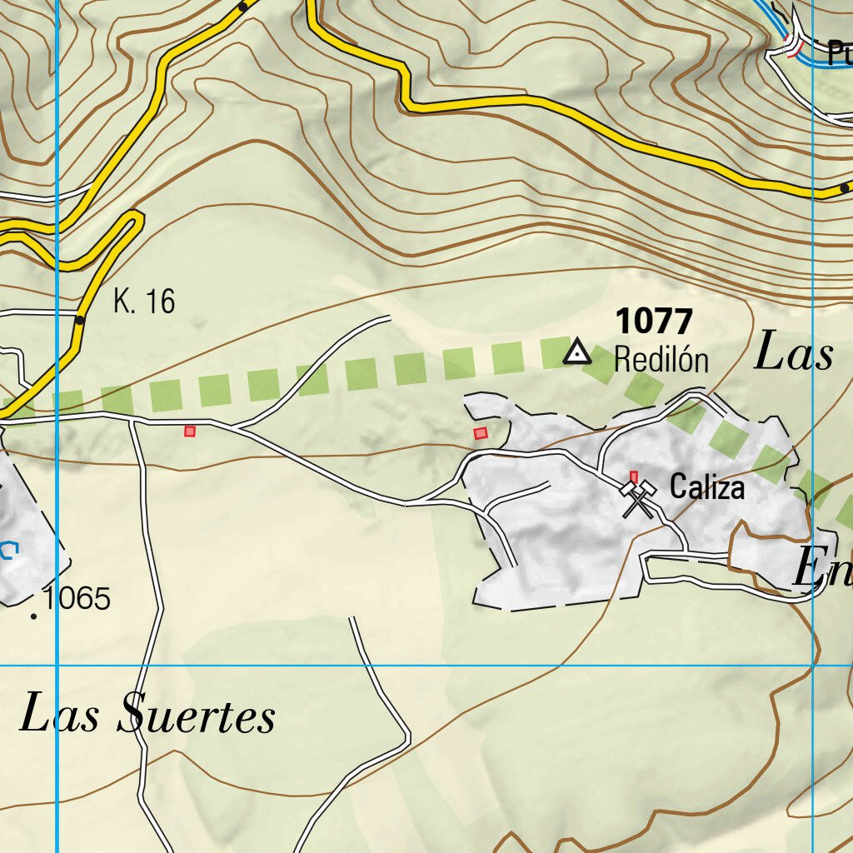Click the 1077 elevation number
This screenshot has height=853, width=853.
click(654, 322)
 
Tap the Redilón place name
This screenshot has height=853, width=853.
click(661, 361)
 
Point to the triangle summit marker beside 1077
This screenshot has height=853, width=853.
click(576, 353)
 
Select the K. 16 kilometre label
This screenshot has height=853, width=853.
click(144, 302)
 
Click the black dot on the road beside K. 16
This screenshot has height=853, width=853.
click(80, 320)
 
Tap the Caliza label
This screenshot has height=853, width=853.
click(707, 487)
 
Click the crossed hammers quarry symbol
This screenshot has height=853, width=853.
click(638, 500)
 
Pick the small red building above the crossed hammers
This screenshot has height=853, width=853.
click(633, 476)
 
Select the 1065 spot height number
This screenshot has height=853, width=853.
click(77, 598)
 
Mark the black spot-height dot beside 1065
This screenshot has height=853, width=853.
click(33, 616)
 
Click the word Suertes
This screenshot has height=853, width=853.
click(197, 716)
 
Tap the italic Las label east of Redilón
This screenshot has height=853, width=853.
click(793, 354)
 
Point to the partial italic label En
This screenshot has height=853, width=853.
click(821, 571)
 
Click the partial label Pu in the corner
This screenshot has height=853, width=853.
click(840, 53)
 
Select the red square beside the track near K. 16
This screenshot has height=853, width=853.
click(190, 431)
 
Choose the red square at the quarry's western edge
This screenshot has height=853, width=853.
click(480, 433)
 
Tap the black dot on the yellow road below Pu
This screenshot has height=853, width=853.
click(845, 188)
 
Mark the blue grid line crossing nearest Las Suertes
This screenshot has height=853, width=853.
click(57, 666)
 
